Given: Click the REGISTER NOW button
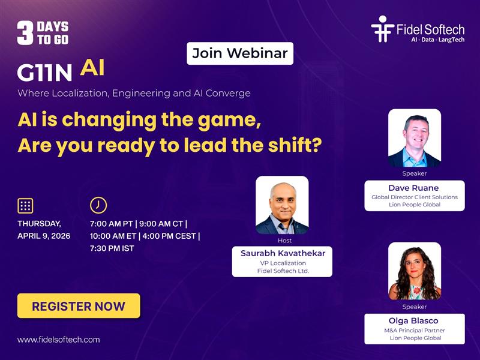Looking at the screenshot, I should (x=79, y=306).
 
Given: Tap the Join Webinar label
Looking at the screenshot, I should (x=239, y=53).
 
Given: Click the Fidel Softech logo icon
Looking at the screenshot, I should (x=382, y=28).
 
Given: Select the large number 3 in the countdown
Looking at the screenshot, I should (x=25, y=34).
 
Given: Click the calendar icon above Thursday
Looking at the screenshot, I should (x=25, y=205).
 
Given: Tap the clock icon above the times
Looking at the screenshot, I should (x=98, y=205).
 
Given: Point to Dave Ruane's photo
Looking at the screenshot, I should (x=415, y=138).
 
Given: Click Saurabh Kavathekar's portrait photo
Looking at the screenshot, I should (x=282, y=205).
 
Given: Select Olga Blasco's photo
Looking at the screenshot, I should (x=415, y=271).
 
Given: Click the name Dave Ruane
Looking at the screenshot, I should (x=414, y=188).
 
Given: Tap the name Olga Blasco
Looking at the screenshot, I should (x=414, y=321).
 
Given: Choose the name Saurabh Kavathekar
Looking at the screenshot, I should (x=283, y=253).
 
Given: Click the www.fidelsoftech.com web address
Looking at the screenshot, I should (x=59, y=340).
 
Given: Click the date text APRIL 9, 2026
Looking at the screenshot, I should (x=44, y=236).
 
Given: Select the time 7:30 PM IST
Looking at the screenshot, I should (x=112, y=248).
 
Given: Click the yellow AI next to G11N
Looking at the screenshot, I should (x=92, y=68).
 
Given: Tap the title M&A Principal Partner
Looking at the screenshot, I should (x=414, y=331).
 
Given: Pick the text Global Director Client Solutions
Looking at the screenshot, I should (x=414, y=197).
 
